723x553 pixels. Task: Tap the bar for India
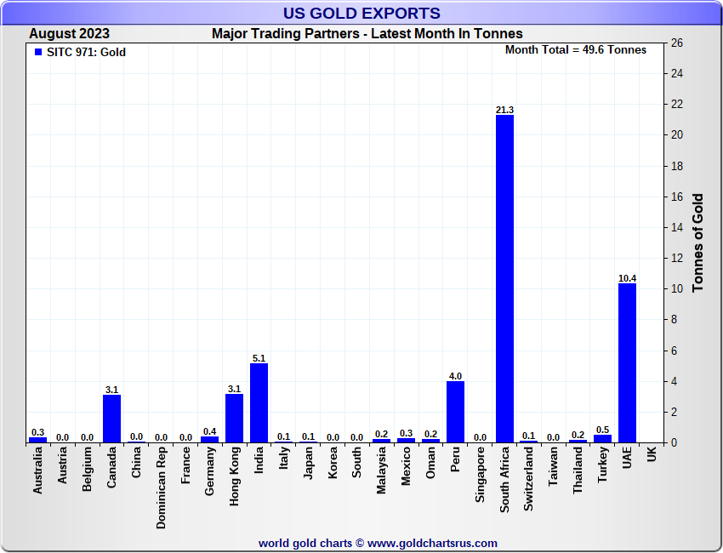[259, 403]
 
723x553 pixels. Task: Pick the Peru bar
[455, 412]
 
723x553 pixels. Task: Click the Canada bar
[111, 419]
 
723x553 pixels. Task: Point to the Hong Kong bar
[234, 419]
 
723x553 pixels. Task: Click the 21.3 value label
[504, 110]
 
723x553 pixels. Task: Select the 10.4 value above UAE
[627, 278]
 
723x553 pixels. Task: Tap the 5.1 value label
[259, 358]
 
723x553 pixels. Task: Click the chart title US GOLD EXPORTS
[361, 13]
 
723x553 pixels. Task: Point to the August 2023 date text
[69, 34]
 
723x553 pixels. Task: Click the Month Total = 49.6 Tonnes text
[576, 49]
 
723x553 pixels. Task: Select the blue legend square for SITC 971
[37, 52]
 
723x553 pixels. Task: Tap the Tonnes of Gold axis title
[697, 242]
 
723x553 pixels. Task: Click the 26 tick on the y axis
[677, 43]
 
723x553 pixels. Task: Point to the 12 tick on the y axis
[677, 258]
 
